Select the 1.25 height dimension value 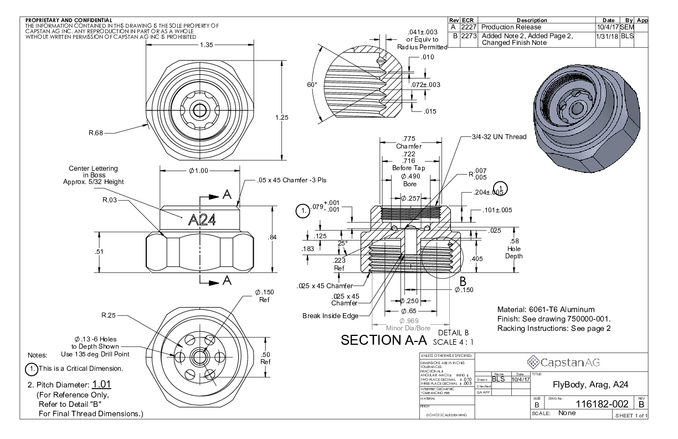(283, 117)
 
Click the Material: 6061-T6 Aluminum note (546, 309)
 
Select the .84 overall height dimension (272, 238)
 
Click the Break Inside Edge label (330, 316)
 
